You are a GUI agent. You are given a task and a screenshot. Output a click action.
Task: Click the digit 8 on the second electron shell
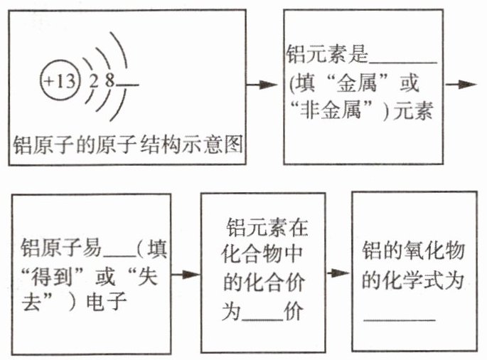(x=109, y=80)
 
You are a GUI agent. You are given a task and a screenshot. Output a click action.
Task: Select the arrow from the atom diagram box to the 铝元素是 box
(x=262, y=84)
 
